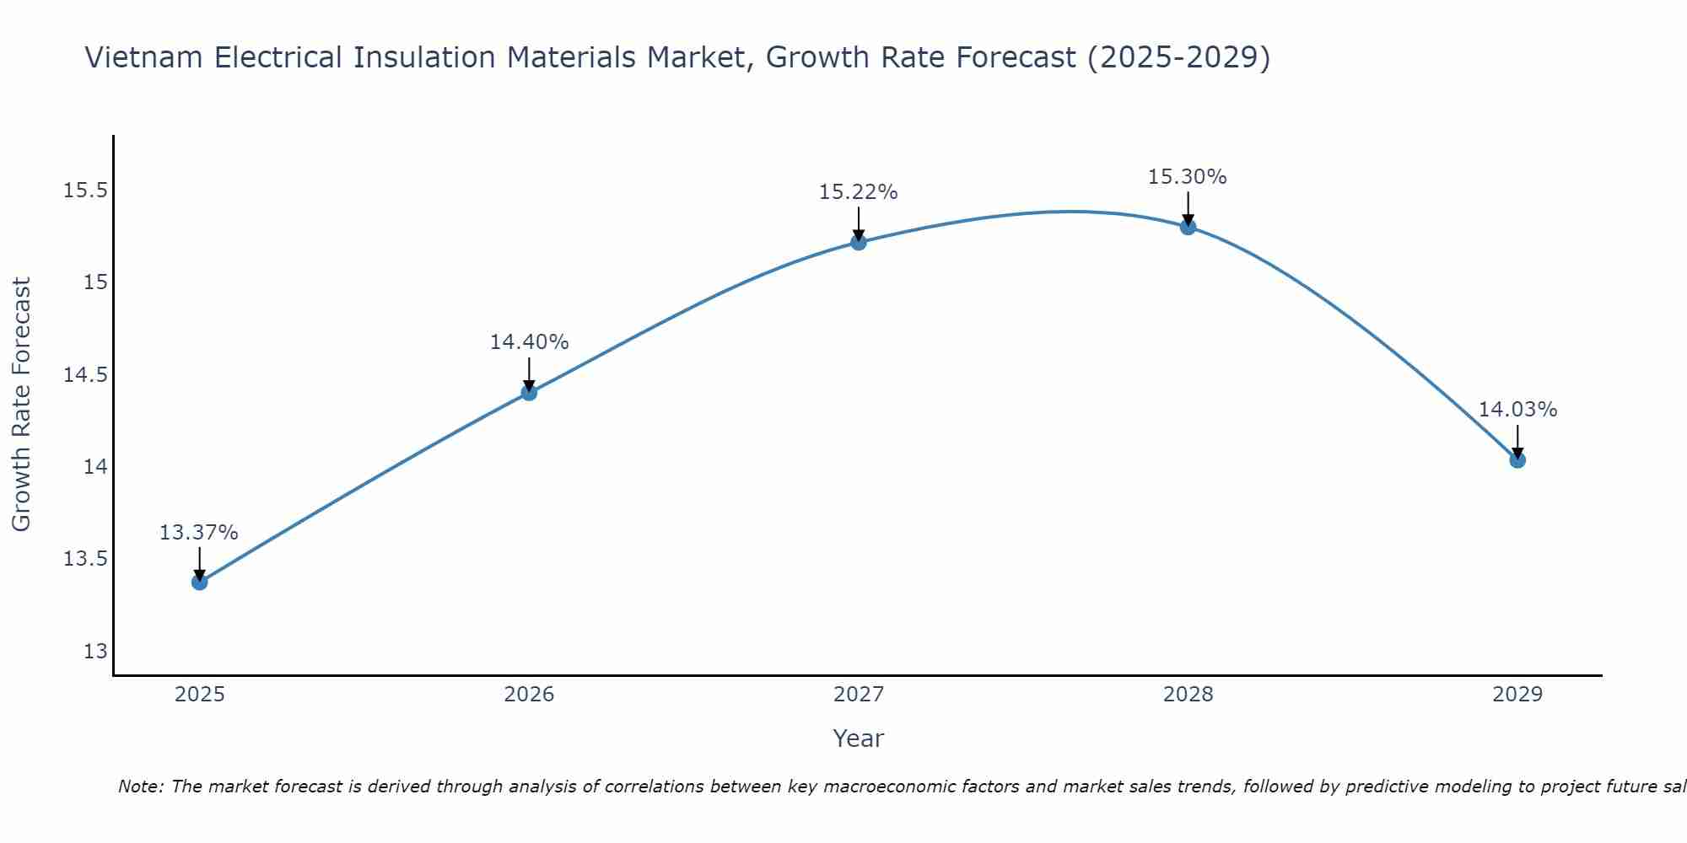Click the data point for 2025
pos(200,582)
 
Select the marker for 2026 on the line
pos(529,392)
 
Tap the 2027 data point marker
pos(859,242)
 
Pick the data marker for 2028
pos(1188,227)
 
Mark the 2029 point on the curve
pos(1517,460)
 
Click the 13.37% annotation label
pos(199,533)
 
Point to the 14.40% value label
pos(529,342)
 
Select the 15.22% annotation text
pos(858,192)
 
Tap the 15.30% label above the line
pos(1187,177)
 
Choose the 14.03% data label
pos(1517,410)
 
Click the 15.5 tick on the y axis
pos(86,191)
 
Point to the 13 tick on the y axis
pos(95,652)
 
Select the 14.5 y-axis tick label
pos(86,375)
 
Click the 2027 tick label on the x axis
pos(859,695)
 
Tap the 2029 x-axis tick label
pos(1517,695)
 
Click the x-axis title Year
pos(858,739)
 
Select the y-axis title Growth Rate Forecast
pos(22,405)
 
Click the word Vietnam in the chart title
pos(143,58)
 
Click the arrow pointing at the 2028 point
pos(1188,207)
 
